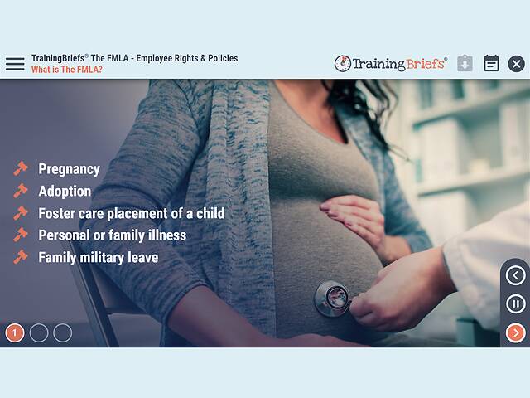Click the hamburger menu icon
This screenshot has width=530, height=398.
(15, 64)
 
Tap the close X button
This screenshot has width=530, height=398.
(516, 64)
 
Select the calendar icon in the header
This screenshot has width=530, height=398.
(491, 64)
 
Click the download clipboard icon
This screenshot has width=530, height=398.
(465, 64)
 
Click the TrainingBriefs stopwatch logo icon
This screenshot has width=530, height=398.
(342, 64)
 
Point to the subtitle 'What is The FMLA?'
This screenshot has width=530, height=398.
(67, 70)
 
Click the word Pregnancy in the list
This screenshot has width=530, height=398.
(69, 169)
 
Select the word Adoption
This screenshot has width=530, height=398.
(65, 191)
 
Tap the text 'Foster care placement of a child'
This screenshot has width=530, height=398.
(131, 213)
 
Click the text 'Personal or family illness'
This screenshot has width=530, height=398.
(112, 235)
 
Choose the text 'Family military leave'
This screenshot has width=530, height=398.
(98, 257)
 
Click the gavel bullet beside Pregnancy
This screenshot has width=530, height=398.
(21, 169)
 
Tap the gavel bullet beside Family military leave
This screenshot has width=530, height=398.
(21, 257)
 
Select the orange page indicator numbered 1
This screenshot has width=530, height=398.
(15, 333)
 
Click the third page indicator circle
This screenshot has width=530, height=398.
(63, 333)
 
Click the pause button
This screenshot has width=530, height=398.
(515, 304)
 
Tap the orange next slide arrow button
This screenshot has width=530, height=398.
(515, 333)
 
